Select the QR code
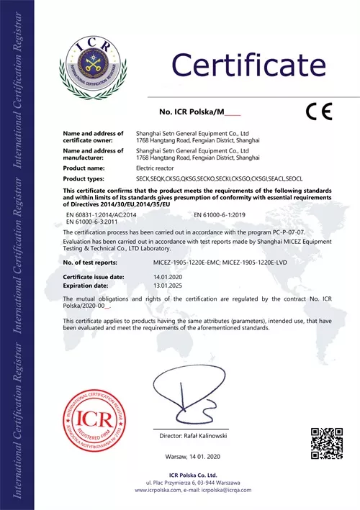(325, 443)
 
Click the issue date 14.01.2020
(149, 276)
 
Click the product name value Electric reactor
(156, 168)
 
